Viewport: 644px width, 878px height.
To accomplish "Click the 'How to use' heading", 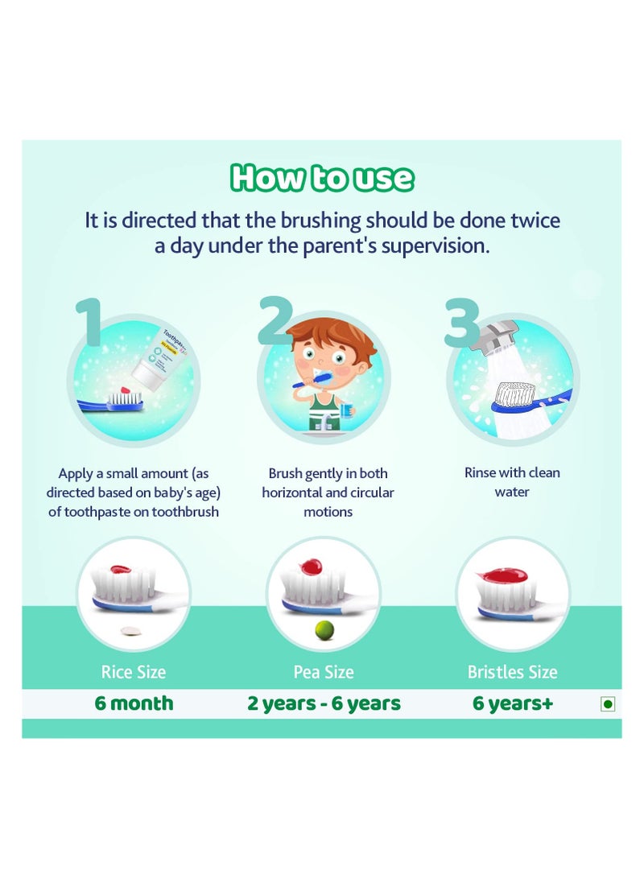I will tap(322, 178).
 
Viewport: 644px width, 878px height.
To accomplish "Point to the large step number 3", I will tap(462, 323).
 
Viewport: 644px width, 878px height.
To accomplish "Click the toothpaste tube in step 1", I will tap(157, 363).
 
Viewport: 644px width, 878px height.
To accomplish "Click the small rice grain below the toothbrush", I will tap(126, 632).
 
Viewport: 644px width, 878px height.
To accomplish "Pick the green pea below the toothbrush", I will tap(323, 629).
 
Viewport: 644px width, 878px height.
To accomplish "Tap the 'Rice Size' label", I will tap(133, 672).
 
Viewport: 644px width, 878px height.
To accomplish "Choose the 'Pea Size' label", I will tap(323, 672).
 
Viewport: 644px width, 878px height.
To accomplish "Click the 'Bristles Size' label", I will tap(512, 672).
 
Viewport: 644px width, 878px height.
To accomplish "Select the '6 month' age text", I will tap(134, 703).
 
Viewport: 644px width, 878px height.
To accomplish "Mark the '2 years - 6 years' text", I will tap(324, 703).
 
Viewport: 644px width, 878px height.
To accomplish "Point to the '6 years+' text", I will tap(513, 703).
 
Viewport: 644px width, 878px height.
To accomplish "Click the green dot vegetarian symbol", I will tap(608, 704).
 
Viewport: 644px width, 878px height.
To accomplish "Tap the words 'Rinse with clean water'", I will tap(512, 481).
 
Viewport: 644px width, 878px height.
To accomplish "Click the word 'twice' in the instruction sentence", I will tap(533, 220).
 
